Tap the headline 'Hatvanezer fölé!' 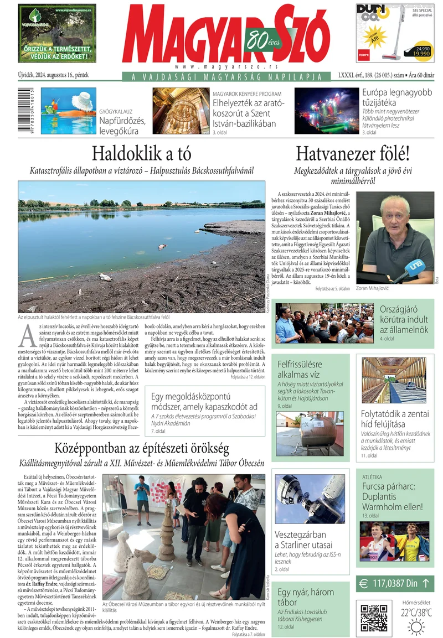[352, 153]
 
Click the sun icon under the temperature [416, 626]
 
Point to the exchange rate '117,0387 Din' [395, 583]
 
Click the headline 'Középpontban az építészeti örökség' [141, 448]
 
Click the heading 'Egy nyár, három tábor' [306, 597]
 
